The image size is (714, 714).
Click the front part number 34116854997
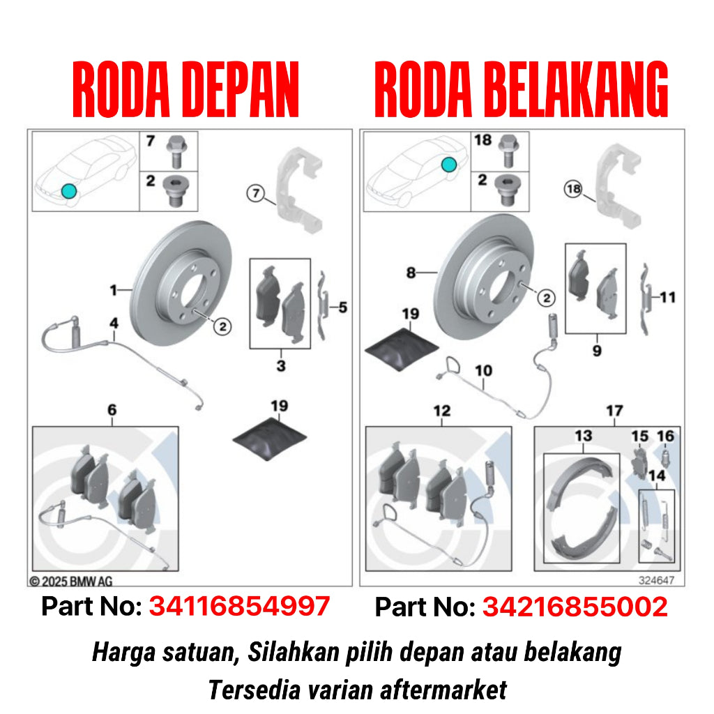tap(240, 606)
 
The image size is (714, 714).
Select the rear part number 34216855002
tap(575, 607)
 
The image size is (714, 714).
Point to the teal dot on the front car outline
tap(69, 191)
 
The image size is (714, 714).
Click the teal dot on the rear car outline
tap(448, 165)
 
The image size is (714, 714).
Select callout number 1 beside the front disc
tap(114, 290)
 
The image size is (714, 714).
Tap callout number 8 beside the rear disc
tap(411, 273)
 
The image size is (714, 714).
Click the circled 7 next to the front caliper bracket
tap(255, 193)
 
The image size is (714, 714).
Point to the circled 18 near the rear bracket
tap(573, 188)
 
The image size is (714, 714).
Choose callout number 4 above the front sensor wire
tap(114, 323)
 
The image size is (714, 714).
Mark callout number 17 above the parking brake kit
tap(614, 411)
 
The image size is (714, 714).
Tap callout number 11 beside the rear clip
tap(667, 297)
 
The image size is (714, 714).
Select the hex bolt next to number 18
tap(509, 151)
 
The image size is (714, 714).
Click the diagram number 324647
tap(656, 580)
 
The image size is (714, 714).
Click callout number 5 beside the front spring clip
tap(343, 307)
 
